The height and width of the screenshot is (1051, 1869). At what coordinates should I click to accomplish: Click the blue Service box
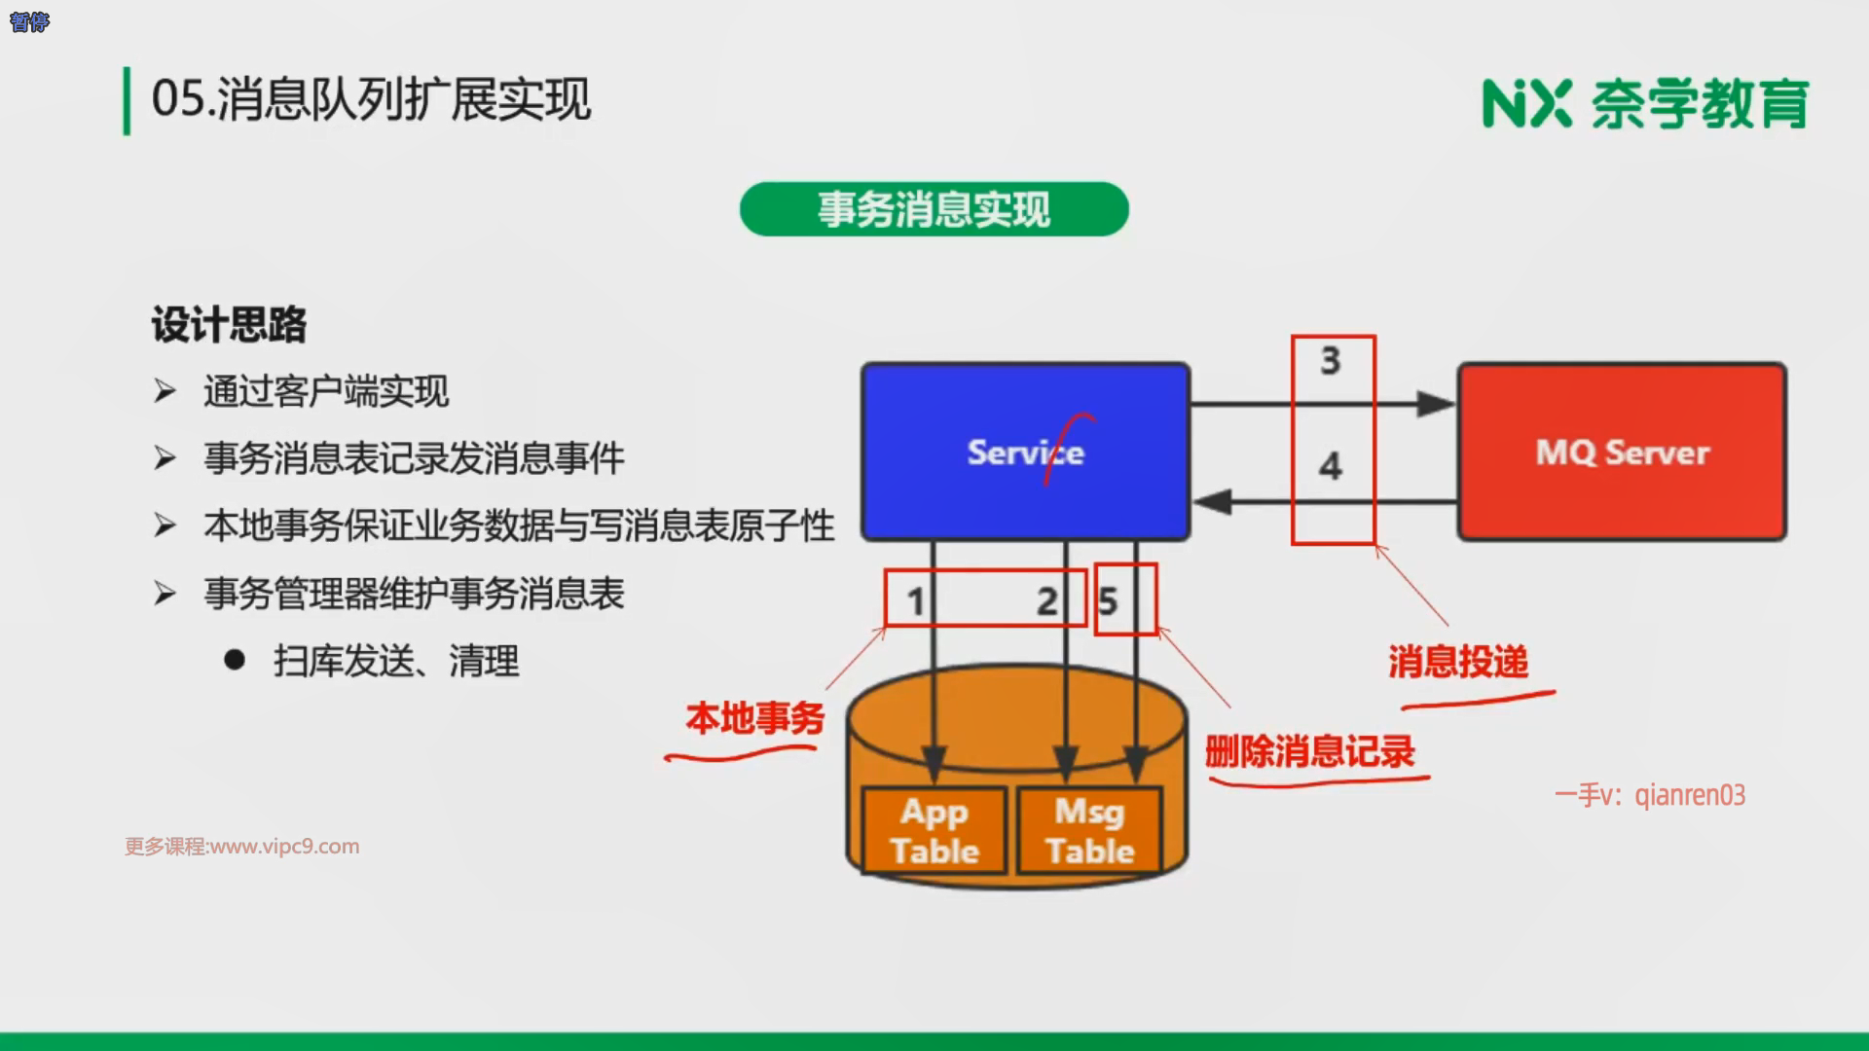tap(1025, 452)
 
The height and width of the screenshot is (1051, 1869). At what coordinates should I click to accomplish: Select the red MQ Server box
tap(1622, 452)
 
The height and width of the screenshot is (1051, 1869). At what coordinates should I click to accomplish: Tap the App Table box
tap(934, 830)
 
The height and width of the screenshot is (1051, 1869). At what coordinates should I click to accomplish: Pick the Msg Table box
tap(1089, 830)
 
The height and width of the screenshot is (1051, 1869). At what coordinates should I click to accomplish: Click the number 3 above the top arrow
tap(1331, 361)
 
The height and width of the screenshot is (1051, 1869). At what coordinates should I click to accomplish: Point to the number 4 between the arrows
tap(1331, 466)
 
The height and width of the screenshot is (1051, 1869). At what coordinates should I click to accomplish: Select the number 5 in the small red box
tap(1108, 601)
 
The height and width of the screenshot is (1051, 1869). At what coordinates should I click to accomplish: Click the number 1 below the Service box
tap(915, 601)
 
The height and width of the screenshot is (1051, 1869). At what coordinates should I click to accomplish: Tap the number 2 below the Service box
tap(1046, 601)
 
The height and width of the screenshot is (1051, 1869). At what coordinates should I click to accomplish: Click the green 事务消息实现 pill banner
tap(934, 209)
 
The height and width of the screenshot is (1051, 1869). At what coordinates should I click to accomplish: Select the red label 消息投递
tap(1457, 662)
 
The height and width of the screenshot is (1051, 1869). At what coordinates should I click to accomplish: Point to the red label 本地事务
tap(754, 718)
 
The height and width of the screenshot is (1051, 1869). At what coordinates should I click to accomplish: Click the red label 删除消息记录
tap(1309, 751)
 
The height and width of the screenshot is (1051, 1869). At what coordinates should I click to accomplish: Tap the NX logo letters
tap(1526, 103)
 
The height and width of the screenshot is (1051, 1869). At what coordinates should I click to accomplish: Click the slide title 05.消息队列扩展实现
tap(371, 99)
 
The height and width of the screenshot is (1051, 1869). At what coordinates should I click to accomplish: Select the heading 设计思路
tap(229, 324)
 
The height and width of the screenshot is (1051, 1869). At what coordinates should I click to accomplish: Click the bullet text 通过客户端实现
tap(326, 391)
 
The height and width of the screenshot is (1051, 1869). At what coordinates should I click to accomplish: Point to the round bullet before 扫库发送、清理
tap(235, 661)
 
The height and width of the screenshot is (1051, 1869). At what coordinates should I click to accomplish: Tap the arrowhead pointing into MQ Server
tap(1435, 404)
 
